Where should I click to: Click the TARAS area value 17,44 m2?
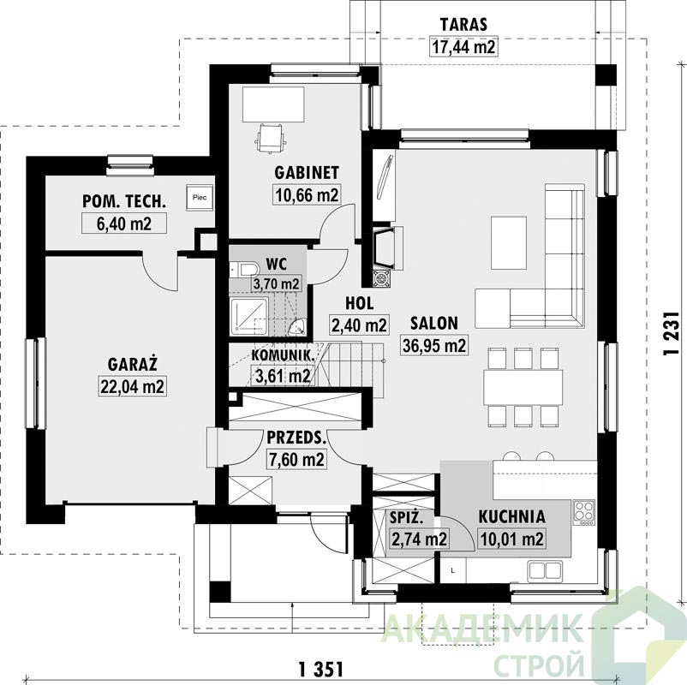click(x=464, y=46)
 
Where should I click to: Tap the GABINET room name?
click(x=307, y=173)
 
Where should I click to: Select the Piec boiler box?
click(x=200, y=197)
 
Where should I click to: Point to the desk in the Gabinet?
click(x=273, y=104)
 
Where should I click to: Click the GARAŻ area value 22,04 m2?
click(x=132, y=386)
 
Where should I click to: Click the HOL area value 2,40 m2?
click(x=359, y=325)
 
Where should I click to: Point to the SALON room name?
click(x=434, y=323)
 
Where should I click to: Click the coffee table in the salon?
click(x=508, y=242)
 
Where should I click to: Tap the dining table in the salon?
click(x=523, y=388)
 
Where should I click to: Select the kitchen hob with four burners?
click(x=584, y=512)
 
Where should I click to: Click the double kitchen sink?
click(x=546, y=570)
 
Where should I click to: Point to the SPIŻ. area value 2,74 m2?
click(x=419, y=539)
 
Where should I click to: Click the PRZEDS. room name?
click(x=296, y=438)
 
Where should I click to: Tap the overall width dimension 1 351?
click(x=320, y=670)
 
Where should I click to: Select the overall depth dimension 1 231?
click(x=672, y=334)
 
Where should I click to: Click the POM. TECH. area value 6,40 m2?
click(x=124, y=223)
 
